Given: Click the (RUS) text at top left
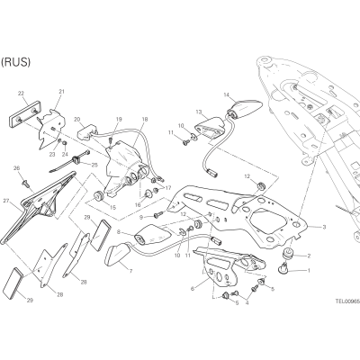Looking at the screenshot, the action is coord(15,62).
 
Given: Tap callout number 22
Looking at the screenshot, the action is coord(21,94).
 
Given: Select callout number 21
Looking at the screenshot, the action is coord(62,92).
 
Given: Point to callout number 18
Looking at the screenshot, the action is coord(145,120).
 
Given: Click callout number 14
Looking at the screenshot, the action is coord(227,95).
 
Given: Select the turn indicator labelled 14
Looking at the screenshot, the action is coord(245,109).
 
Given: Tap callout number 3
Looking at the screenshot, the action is coord(324,227).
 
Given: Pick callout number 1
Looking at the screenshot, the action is coord(309,270).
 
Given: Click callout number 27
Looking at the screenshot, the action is coord(6,201).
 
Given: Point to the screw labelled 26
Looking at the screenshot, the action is coord(24,182).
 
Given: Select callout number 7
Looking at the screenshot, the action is coord(130,272).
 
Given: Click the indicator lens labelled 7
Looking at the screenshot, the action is coord(117,256).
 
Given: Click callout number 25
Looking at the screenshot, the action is coord(94,164).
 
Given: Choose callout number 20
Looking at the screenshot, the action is coord(76,120).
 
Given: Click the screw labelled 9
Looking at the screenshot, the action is coord(158,214).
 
